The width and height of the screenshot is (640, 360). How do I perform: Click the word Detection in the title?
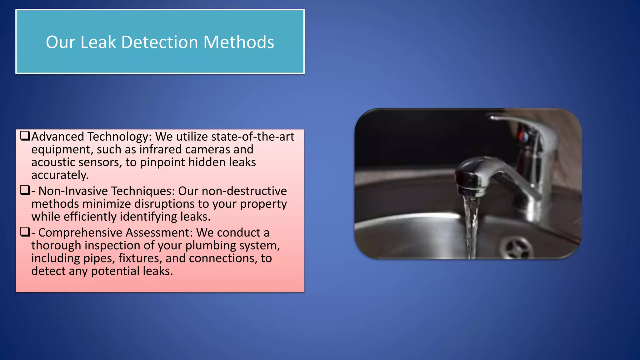tap(160, 42)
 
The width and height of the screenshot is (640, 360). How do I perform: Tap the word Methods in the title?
tap(239, 42)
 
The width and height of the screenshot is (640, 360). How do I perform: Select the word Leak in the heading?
tap(98, 42)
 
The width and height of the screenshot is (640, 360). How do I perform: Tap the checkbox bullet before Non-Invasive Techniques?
tap(25, 190)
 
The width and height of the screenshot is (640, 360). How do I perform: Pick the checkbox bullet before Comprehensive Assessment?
tap(25, 232)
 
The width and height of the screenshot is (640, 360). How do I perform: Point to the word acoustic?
tap(53, 162)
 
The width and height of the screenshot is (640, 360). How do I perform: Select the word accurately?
tap(60, 175)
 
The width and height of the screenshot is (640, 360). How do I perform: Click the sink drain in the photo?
tap(516, 248)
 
